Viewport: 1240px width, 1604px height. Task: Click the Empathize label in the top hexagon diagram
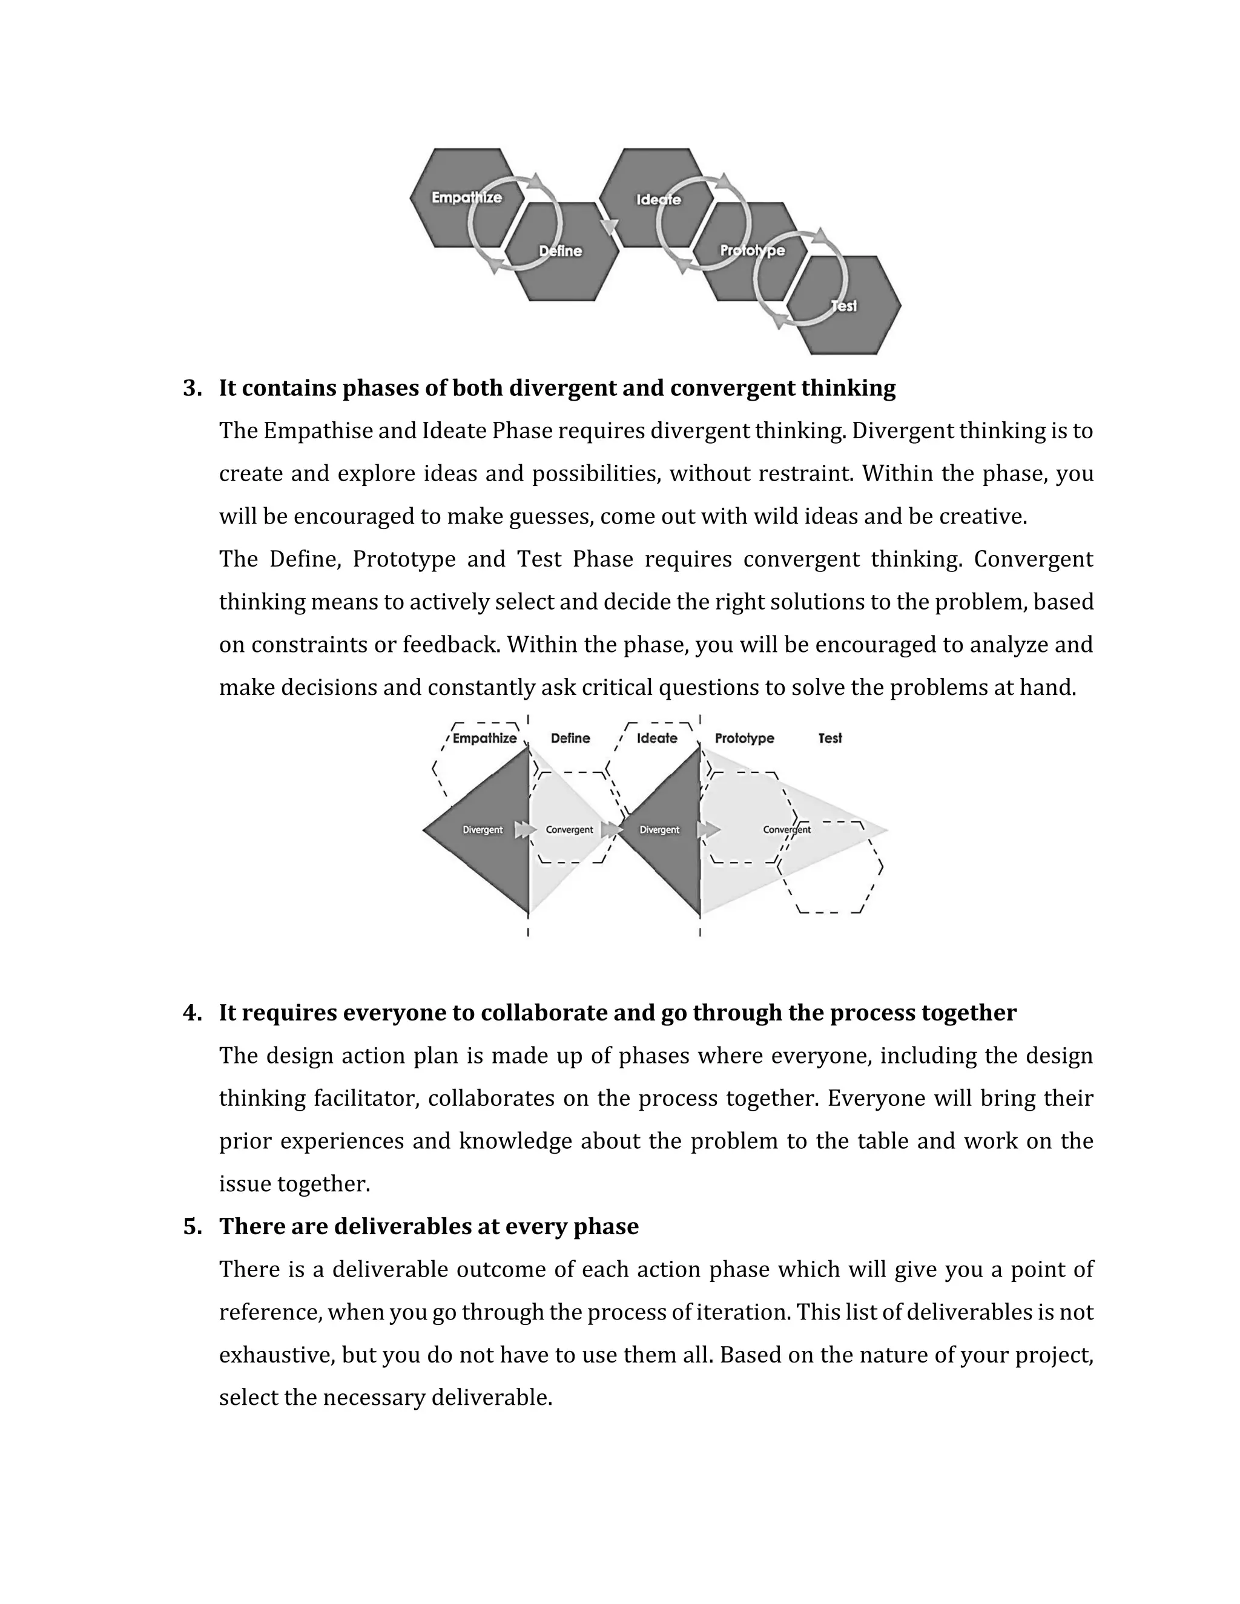click(x=466, y=197)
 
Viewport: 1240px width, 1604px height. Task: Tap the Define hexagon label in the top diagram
click(x=561, y=251)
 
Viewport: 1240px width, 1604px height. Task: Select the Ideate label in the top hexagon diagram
click(x=658, y=200)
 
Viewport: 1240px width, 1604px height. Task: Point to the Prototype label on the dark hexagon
click(x=752, y=251)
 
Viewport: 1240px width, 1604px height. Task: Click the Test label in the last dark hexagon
click(x=843, y=306)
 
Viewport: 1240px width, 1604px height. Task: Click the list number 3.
click(x=193, y=389)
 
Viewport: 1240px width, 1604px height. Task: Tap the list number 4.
click(x=193, y=1013)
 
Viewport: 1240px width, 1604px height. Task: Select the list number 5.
click(x=193, y=1226)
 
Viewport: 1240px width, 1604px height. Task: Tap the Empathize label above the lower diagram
click(x=484, y=738)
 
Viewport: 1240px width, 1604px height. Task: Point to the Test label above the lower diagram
click(x=830, y=738)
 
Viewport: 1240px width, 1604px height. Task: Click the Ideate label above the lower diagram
click(x=657, y=738)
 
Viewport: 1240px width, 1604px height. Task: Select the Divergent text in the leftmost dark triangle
click(x=483, y=830)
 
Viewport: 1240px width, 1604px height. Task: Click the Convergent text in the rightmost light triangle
click(x=787, y=830)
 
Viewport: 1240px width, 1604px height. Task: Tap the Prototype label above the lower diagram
click(x=744, y=738)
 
